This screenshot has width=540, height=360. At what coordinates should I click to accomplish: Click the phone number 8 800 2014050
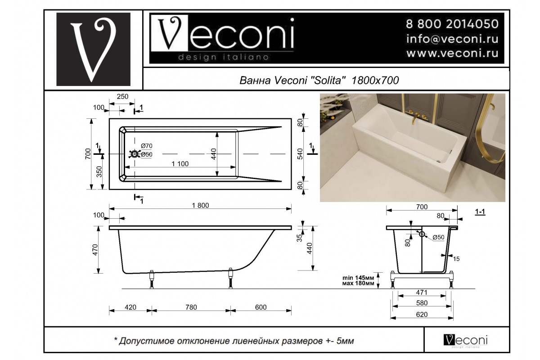[x=452, y=24]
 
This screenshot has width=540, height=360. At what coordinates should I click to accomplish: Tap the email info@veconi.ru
[x=452, y=39]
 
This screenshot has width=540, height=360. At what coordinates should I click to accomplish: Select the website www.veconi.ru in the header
[x=452, y=53]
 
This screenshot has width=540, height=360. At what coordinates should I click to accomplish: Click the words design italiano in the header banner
[x=224, y=58]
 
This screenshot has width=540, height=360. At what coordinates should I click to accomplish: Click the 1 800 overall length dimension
[x=200, y=205]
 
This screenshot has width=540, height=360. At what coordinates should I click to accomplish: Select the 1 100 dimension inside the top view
[x=180, y=164]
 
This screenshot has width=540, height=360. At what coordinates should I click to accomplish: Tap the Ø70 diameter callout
[x=147, y=146]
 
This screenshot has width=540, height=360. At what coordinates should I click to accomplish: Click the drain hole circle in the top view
[x=135, y=154]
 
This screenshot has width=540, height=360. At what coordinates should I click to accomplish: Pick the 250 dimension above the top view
[x=122, y=96]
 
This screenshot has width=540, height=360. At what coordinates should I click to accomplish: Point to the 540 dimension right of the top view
[x=300, y=154]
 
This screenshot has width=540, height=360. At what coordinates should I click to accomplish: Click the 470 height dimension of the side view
[x=95, y=250]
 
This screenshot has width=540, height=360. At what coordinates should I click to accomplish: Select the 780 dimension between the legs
[x=191, y=307]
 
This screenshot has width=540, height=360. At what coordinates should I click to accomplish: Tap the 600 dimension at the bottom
[x=261, y=307]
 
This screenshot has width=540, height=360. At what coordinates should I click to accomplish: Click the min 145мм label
[x=358, y=278]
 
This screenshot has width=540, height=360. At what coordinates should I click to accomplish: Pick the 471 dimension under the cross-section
[x=422, y=292]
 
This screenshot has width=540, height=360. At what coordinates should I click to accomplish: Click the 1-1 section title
[x=480, y=211]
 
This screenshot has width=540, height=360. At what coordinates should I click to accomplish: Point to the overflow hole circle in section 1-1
[x=422, y=234]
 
